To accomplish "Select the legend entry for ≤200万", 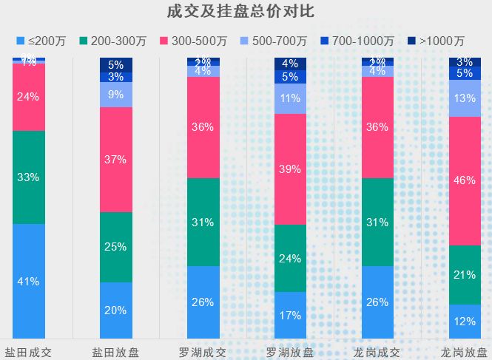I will [46, 41].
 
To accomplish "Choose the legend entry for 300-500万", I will [195, 41].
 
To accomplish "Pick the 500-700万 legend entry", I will [274, 41].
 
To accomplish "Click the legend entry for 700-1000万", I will [357, 41].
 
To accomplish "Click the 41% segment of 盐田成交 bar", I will [29, 281].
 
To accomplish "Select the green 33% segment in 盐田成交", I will [29, 177].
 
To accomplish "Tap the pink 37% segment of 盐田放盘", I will [116, 160].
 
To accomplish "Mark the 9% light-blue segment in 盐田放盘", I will [116, 95].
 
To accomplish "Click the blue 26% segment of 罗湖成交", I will [203, 302].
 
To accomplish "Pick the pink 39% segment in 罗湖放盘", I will [291, 169].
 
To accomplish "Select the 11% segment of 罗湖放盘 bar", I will [291, 98].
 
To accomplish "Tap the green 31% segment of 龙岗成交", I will [378, 222].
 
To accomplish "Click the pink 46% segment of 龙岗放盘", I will [465, 180].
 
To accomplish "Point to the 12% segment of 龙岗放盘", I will [465, 322].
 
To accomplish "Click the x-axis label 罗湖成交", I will [203, 350].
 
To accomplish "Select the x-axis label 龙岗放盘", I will [465, 350].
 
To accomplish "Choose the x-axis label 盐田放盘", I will [115, 350].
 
